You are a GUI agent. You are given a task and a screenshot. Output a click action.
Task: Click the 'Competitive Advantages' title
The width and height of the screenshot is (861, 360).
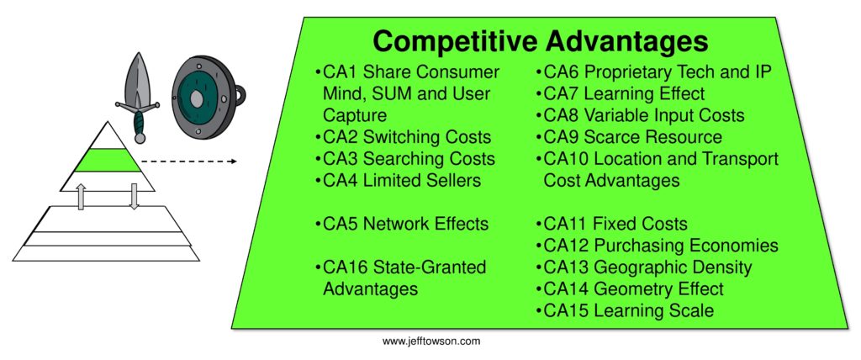(x=541, y=41)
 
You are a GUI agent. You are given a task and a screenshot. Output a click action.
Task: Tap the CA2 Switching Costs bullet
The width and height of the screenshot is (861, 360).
(x=402, y=136)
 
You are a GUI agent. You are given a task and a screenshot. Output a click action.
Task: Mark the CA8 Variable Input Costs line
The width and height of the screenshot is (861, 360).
(x=639, y=115)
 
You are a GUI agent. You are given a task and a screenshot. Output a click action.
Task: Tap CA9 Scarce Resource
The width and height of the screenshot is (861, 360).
(x=628, y=137)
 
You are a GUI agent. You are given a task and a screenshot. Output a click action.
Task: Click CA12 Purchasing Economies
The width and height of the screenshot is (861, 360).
(x=656, y=246)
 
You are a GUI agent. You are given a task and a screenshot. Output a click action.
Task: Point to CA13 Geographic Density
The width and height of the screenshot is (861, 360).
(x=643, y=267)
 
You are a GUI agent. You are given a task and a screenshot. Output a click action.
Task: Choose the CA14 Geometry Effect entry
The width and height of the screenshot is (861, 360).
(x=629, y=289)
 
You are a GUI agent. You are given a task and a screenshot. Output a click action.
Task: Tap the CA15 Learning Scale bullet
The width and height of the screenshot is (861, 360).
(x=624, y=311)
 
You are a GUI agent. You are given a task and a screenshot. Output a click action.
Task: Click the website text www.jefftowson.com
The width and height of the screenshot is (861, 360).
(x=431, y=341)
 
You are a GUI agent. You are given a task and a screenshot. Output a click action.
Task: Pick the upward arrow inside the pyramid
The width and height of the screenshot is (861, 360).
(x=82, y=196)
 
